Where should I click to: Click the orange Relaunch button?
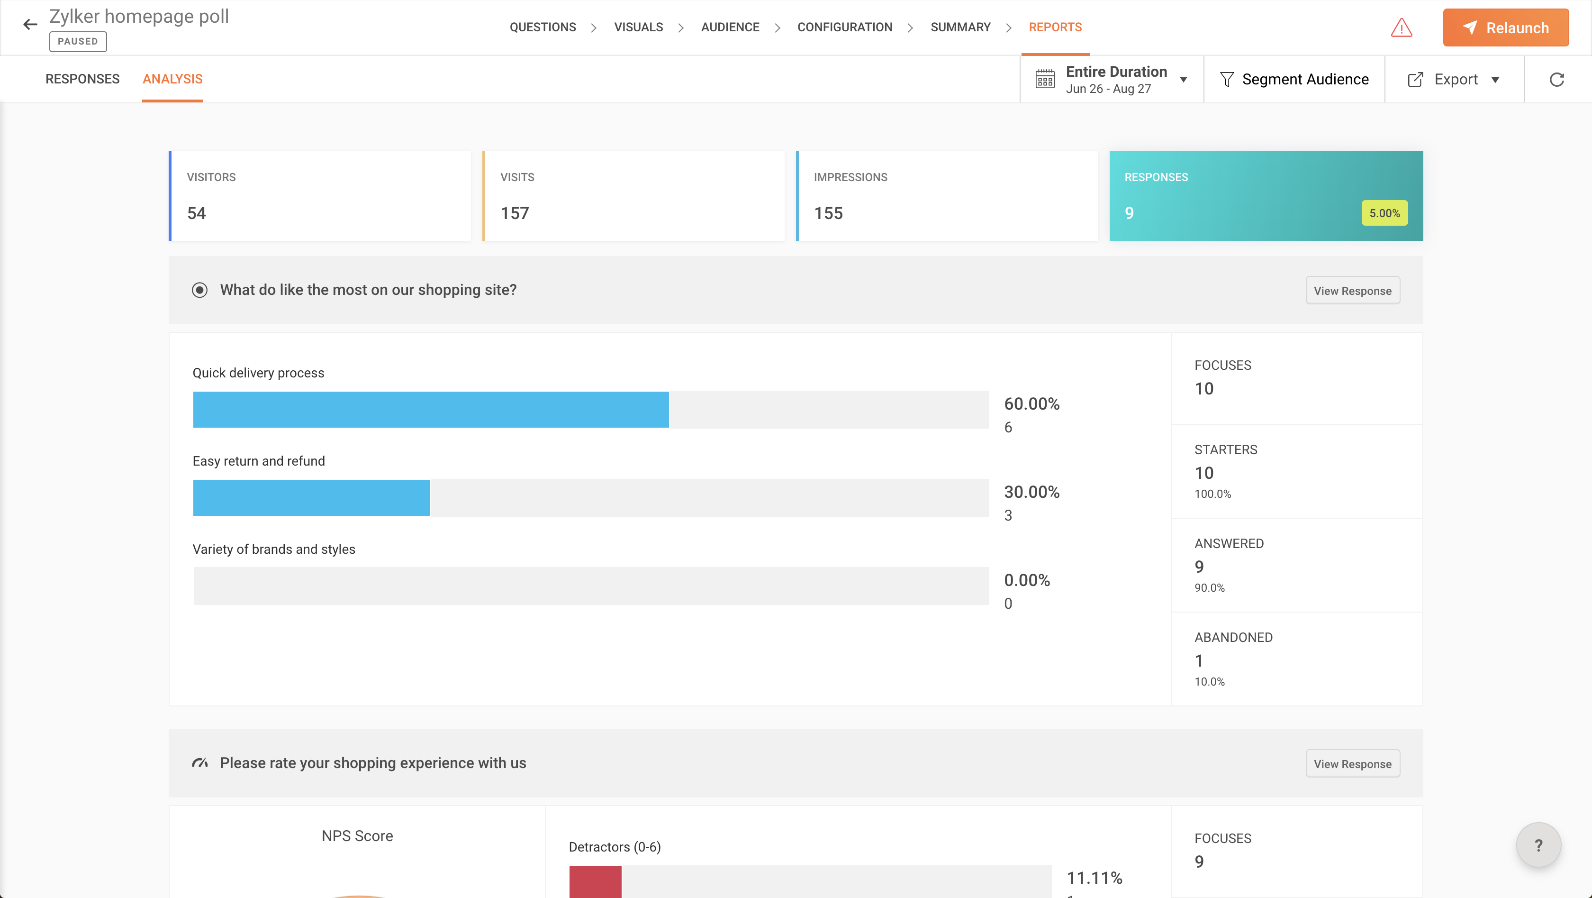pyautogui.click(x=1505, y=28)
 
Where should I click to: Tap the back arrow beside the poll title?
pyautogui.click(x=30, y=25)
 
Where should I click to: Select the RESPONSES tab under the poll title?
pyautogui.click(x=82, y=79)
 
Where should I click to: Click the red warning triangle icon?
pyautogui.click(x=1401, y=28)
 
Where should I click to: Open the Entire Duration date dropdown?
pyautogui.click(x=1111, y=80)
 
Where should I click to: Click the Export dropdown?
pyautogui.click(x=1454, y=80)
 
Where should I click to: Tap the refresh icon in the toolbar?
pyautogui.click(x=1556, y=80)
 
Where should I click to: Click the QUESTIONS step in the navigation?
pyautogui.click(x=542, y=27)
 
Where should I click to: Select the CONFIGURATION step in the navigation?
pyautogui.click(x=844, y=27)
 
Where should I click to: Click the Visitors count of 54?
pyautogui.click(x=197, y=213)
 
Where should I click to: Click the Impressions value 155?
pyautogui.click(x=828, y=213)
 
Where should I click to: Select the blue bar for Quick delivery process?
pyautogui.click(x=430, y=410)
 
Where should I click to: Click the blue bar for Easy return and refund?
pyautogui.click(x=311, y=498)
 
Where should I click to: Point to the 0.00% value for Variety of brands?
pyautogui.click(x=1027, y=580)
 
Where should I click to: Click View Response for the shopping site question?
pyautogui.click(x=1352, y=291)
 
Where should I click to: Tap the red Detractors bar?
pyautogui.click(x=595, y=881)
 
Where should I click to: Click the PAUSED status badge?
pyautogui.click(x=78, y=41)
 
